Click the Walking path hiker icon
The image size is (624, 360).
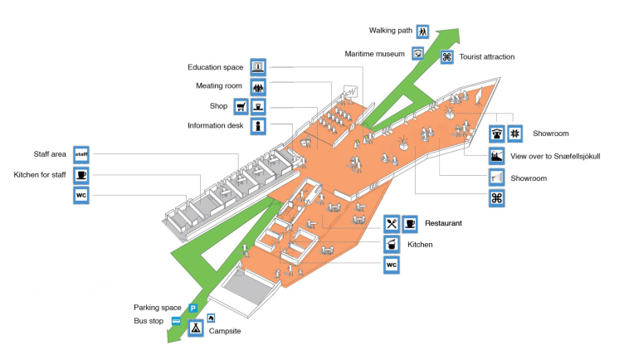click(423, 31)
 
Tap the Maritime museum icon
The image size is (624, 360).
click(418, 54)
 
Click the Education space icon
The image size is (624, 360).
click(258, 67)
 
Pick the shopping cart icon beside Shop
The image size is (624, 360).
click(241, 106)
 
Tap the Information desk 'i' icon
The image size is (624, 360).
click(258, 126)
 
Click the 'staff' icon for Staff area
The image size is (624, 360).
click(81, 154)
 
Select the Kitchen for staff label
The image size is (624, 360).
click(40, 175)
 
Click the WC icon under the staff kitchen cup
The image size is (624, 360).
click(81, 196)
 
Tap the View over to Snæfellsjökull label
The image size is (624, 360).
click(556, 156)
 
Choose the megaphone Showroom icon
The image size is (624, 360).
click(496, 178)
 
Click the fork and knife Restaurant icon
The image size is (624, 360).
click(392, 224)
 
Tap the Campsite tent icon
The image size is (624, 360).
click(196, 328)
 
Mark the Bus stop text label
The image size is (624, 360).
click(151, 320)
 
